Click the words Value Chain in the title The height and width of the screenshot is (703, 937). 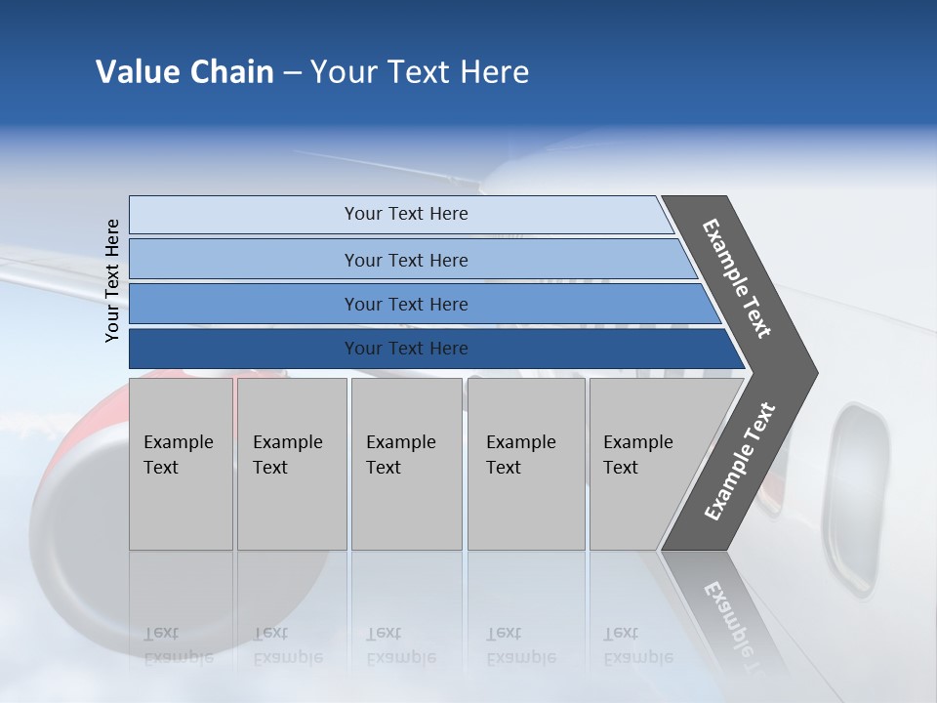(184, 72)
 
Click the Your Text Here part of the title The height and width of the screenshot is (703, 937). (420, 72)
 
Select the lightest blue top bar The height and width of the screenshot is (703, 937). (405, 214)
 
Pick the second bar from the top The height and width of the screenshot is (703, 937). (405, 260)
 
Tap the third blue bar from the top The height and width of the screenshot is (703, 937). (405, 304)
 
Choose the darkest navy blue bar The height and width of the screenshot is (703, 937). (405, 349)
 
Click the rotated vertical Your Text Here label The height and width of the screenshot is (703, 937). (112, 280)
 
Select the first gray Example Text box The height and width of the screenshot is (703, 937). (181, 464)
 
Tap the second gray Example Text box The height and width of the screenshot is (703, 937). (291, 464)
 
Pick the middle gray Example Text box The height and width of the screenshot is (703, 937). (406, 464)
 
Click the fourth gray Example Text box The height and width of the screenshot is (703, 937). (526, 464)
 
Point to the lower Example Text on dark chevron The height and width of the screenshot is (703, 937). (739, 461)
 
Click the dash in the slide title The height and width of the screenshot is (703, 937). (292, 73)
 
